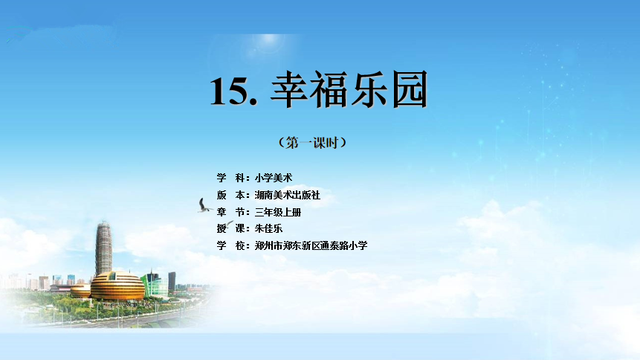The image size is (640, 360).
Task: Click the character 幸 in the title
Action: [x=288, y=89]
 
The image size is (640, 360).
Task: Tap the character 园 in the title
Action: [x=410, y=89]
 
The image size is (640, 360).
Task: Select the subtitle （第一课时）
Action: [x=313, y=143]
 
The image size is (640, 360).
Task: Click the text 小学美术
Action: [x=274, y=178]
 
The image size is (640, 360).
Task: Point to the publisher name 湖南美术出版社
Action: [x=288, y=195]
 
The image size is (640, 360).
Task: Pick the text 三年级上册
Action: [x=278, y=212]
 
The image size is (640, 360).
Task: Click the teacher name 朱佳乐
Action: [x=268, y=228]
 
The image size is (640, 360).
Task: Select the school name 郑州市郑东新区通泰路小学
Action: [x=311, y=245]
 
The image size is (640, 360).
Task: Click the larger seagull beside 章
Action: [x=204, y=206]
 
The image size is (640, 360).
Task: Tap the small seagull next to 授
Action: [x=230, y=224]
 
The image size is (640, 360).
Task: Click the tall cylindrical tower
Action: [x=103, y=248]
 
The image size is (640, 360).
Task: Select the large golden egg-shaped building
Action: [x=117, y=286]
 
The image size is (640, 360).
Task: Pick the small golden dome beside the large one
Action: [x=80, y=291]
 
